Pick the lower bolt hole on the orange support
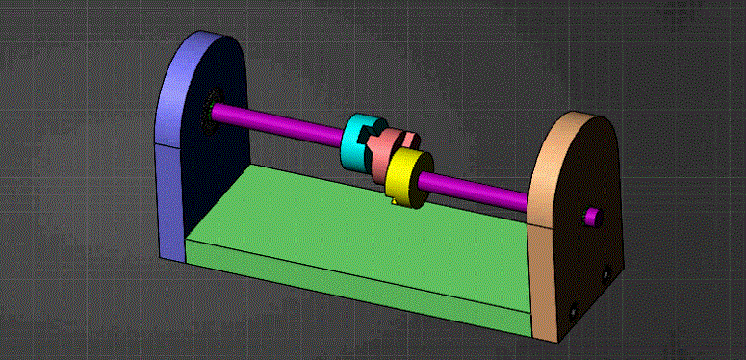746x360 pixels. pyautogui.click(x=574, y=312)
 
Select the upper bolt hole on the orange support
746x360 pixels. pyautogui.click(x=605, y=275)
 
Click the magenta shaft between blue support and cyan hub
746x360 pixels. pyautogui.click(x=279, y=120)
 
